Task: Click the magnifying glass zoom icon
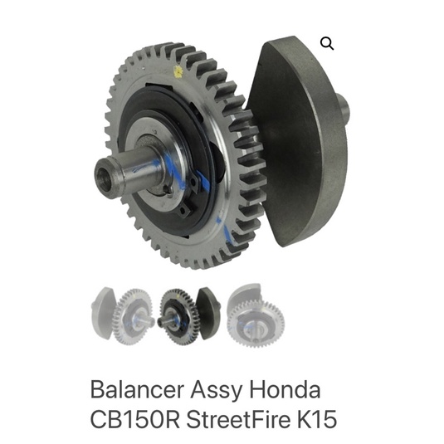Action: pyautogui.click(x=327, y=44)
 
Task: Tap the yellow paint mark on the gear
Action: pyautogui.click(x=178, y=71)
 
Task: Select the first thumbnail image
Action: pyautogui.click(x=123, y=315)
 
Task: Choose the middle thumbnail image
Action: pyautogui.click(x=189, y=316)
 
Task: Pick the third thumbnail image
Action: pyautogui.click(x=256, y=315)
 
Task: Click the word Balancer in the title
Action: pyautogui.click(x=137, y=390)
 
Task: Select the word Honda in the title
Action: pyautogui.click(x=285, y=389)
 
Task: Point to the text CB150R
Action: pyautogui.click(x=135, y=419)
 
